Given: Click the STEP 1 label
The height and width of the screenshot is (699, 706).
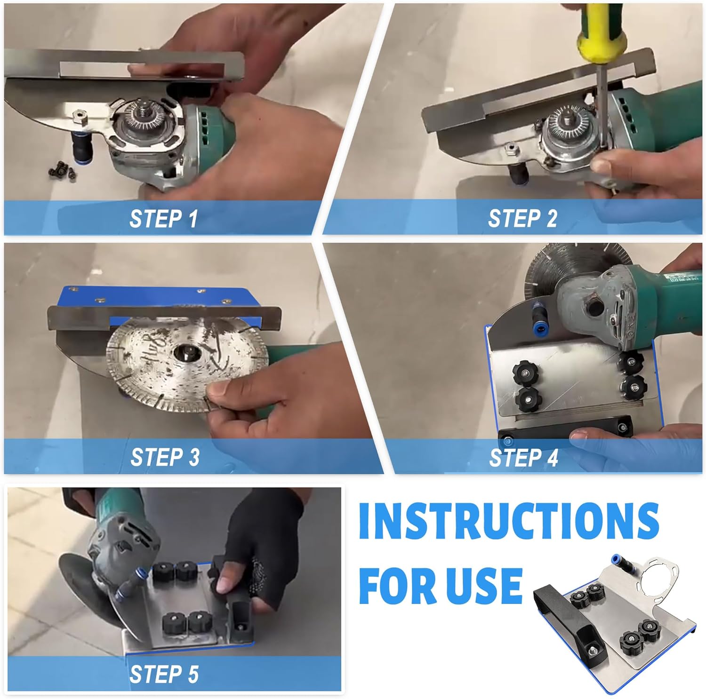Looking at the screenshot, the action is coord(163,219).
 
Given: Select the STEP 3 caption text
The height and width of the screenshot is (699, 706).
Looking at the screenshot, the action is coord(165,457).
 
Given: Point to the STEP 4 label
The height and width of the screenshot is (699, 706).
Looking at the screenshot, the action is coord(523,458).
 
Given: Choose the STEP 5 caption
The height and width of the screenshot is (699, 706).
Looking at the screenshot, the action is coord(164,674).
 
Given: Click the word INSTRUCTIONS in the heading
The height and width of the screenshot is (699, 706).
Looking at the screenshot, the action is coord(509,521).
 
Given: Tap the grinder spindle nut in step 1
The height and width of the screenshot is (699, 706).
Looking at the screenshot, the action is coord(141,113).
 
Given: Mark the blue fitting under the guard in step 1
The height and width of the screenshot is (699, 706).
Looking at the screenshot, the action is coord(79,146).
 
